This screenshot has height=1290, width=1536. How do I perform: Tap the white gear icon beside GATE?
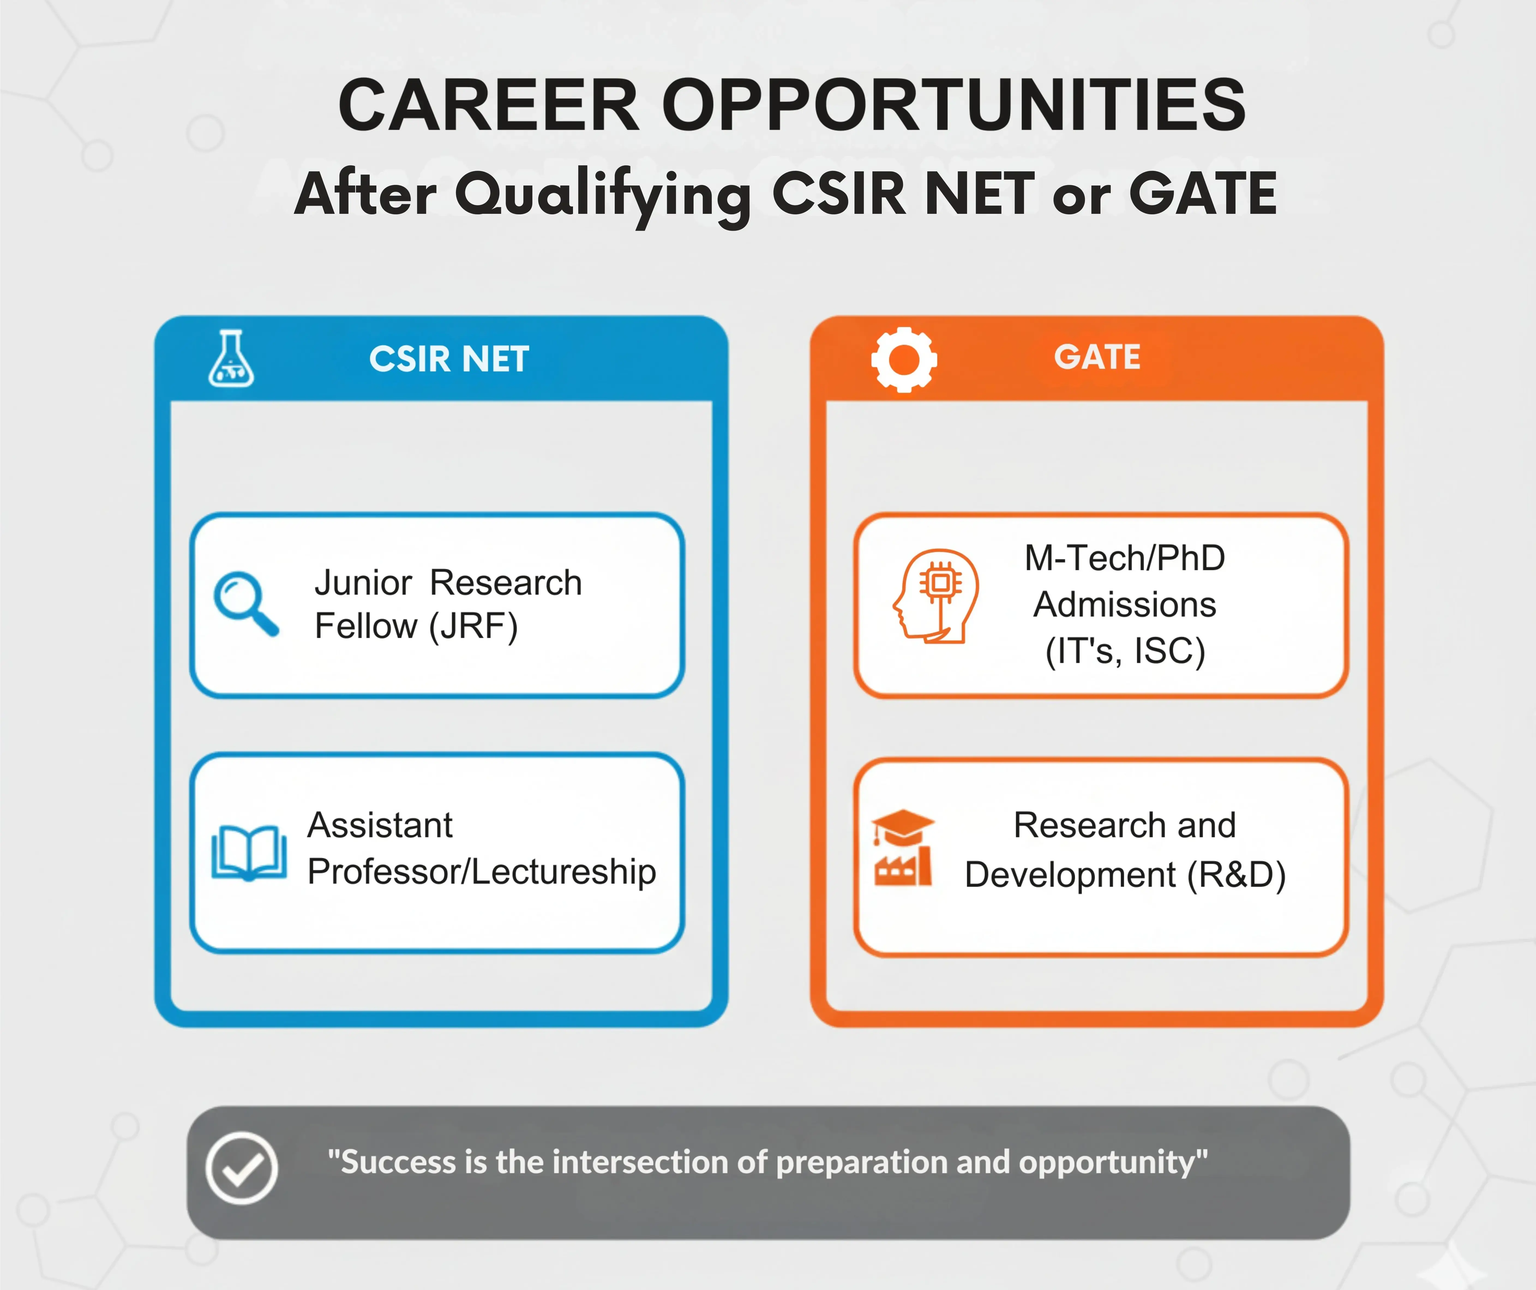coord(904,359)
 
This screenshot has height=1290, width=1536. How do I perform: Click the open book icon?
coord(249,852)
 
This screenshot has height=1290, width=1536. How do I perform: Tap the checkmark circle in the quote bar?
coord(241,1168)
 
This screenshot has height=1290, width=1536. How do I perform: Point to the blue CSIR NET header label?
coord(449,359)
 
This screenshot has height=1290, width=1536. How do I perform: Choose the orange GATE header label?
coord(1097,357)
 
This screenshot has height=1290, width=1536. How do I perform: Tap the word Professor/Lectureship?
coord(481,872)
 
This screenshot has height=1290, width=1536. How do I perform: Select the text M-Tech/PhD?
coord(1125,558)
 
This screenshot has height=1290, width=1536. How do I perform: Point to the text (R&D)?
coord(1236,875)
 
